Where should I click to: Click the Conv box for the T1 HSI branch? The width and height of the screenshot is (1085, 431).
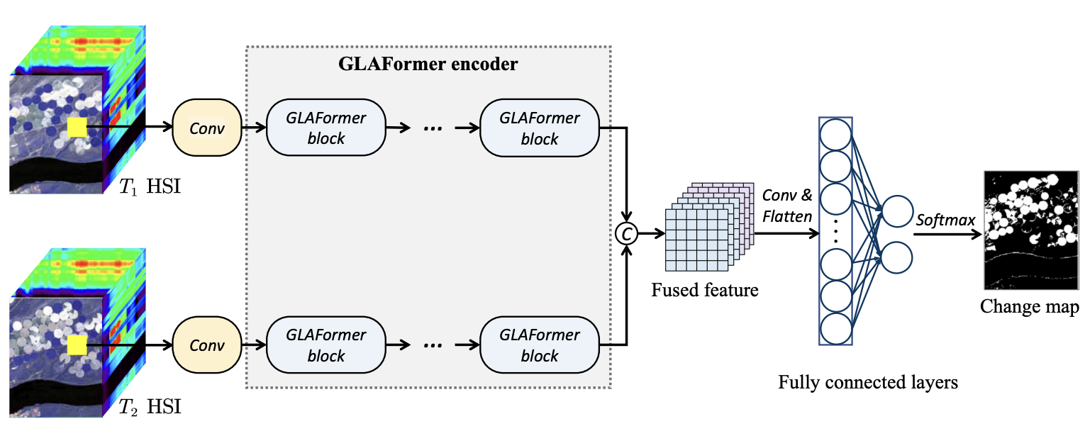tap(207, 128)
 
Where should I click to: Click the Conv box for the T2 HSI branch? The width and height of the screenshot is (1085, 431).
tap(207, 345)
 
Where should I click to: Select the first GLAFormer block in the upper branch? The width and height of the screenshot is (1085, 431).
tap(325, 128)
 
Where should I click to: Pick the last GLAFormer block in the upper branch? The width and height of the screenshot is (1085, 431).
tap(540, 128)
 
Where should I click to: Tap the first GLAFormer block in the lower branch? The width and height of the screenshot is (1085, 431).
tap(325, 345)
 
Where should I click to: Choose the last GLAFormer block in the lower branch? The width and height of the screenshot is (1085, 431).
tap(540, 345)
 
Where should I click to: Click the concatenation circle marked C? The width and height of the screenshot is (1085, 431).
tap(627, 232)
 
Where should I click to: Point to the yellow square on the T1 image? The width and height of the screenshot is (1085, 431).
tap(77, 128)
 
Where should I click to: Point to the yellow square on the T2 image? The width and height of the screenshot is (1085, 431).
tap(77, 345)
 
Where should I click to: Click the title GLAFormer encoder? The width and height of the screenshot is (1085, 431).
tap(428, 65)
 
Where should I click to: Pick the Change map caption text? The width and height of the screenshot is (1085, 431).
tap(1030, 307)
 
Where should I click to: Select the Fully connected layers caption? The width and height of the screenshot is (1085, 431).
tap(868, 383)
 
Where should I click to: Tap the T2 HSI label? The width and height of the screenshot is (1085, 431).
tap(150, 408)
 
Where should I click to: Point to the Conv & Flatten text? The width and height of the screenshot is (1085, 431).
tap(788, 206)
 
